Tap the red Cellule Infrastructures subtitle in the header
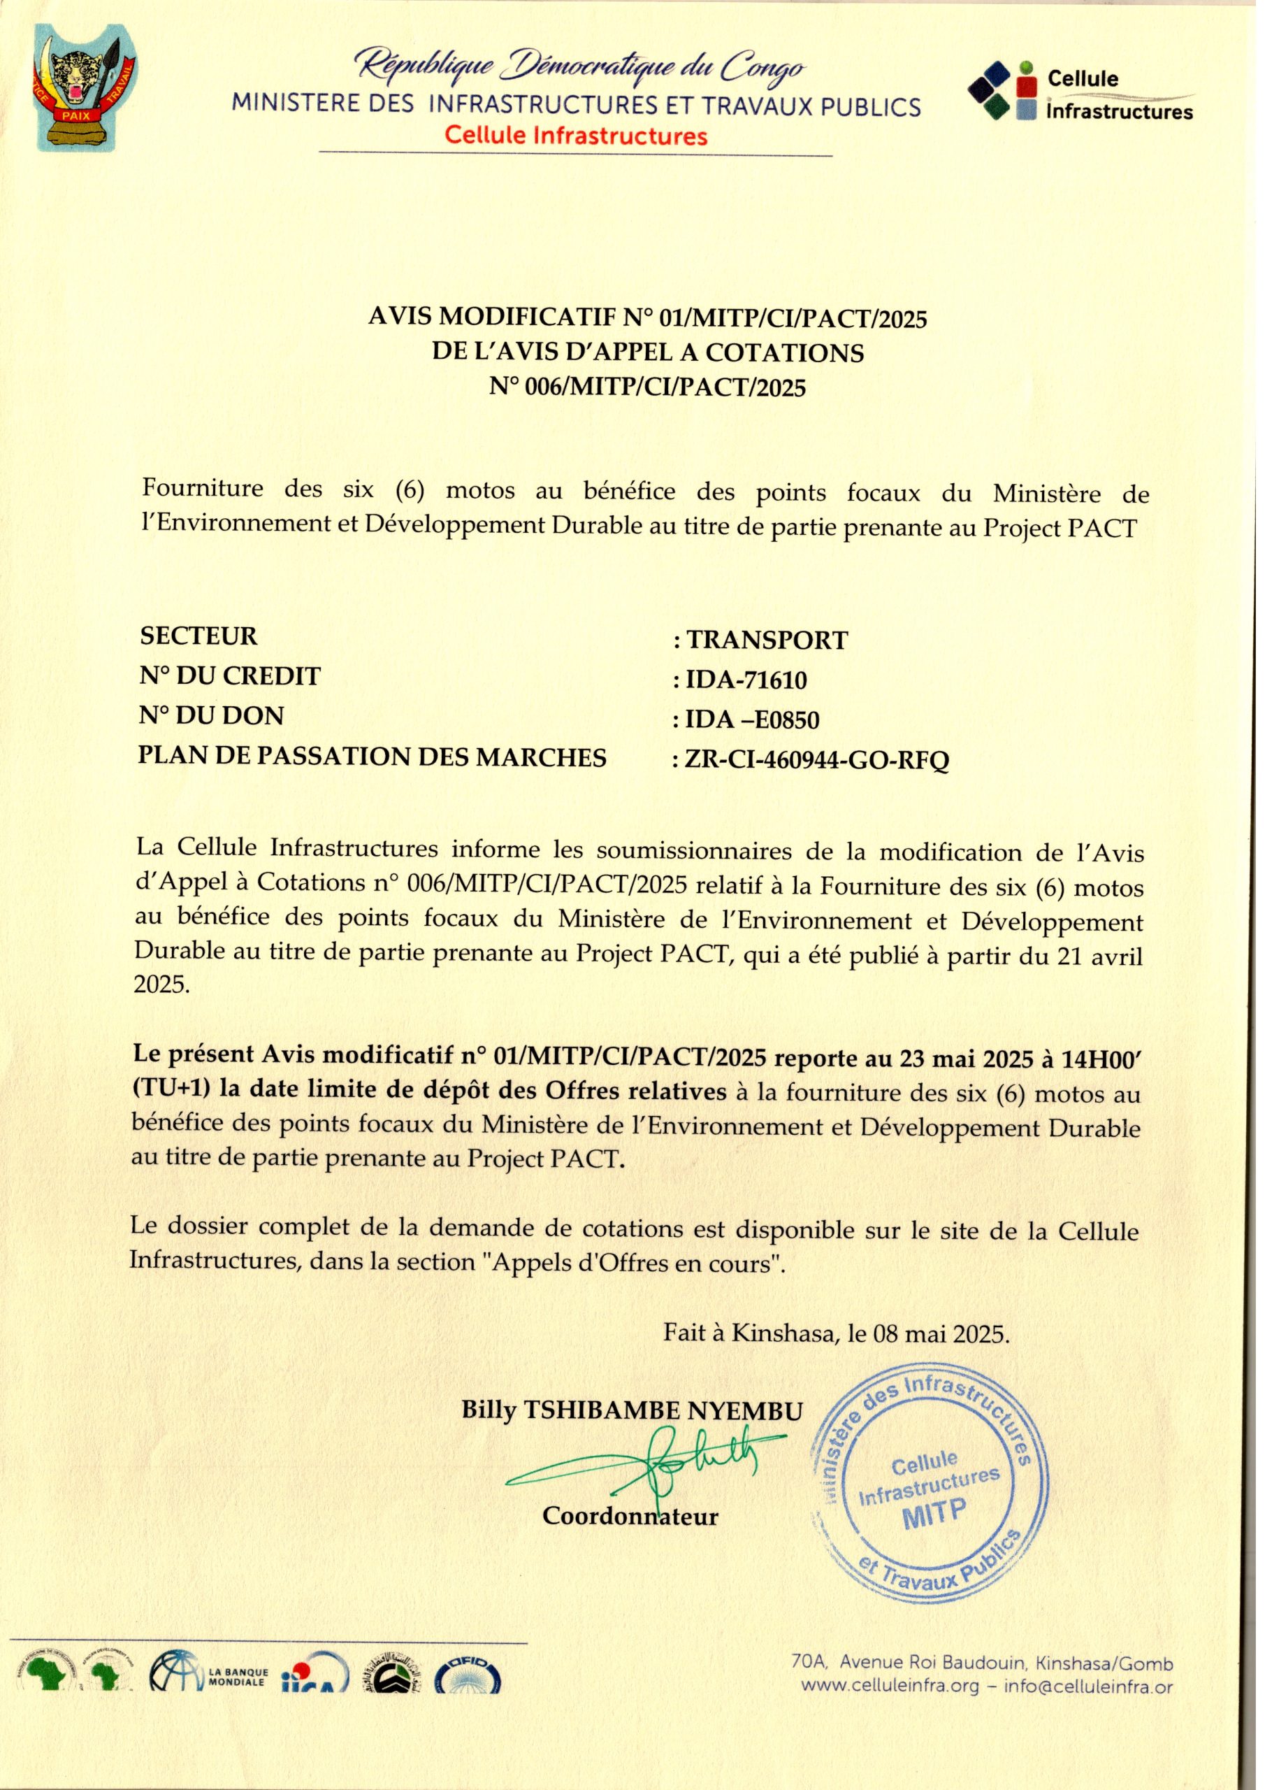click(576, 136)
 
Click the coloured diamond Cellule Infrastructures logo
click(1003, 90)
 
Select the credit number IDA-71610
click(746, 680)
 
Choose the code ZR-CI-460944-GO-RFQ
click(816, 759)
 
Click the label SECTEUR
click(198, 636)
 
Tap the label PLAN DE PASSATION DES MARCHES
click(373, 757)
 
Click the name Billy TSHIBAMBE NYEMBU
click(631, 1410)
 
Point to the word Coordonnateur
click(630, 1517)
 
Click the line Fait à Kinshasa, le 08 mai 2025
click(837, 1333)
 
